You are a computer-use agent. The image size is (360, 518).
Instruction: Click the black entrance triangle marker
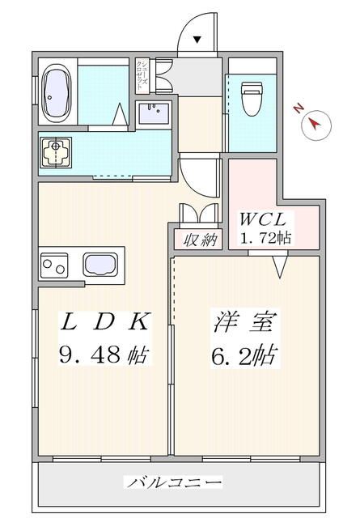tap(196, 38)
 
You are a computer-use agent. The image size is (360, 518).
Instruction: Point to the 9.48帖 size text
tap(105, 354)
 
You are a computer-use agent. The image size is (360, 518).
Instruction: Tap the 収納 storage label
tap(197, 240)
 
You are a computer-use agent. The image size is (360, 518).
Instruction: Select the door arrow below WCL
tap(281, 265)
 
